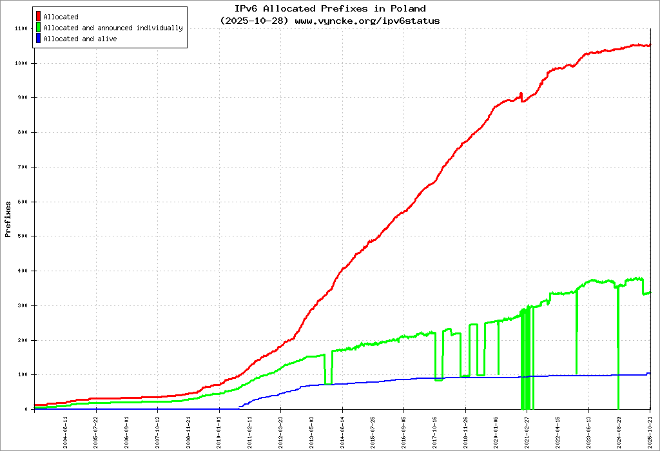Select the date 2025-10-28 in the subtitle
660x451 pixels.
(253, 21)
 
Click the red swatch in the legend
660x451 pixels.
(39, 17)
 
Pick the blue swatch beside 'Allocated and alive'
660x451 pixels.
(39, 39)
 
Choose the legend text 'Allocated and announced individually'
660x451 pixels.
(113, 28)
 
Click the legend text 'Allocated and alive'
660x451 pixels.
(80, 39)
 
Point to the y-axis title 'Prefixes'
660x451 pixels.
(8, 219)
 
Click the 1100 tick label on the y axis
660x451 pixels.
(21, 29)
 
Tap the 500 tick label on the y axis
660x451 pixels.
(23, 236)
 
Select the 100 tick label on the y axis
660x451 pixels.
(23, 375)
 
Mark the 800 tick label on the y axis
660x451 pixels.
(23, 133)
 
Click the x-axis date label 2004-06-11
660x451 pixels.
(65, 430)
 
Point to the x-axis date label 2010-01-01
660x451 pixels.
(219, 430)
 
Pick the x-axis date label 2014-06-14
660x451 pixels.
(342, 430)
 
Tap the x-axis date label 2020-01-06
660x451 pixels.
(496, 430)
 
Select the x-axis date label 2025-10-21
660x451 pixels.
(650, 430)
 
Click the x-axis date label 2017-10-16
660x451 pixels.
(435, 430)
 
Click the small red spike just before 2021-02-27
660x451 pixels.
(521, 94)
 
